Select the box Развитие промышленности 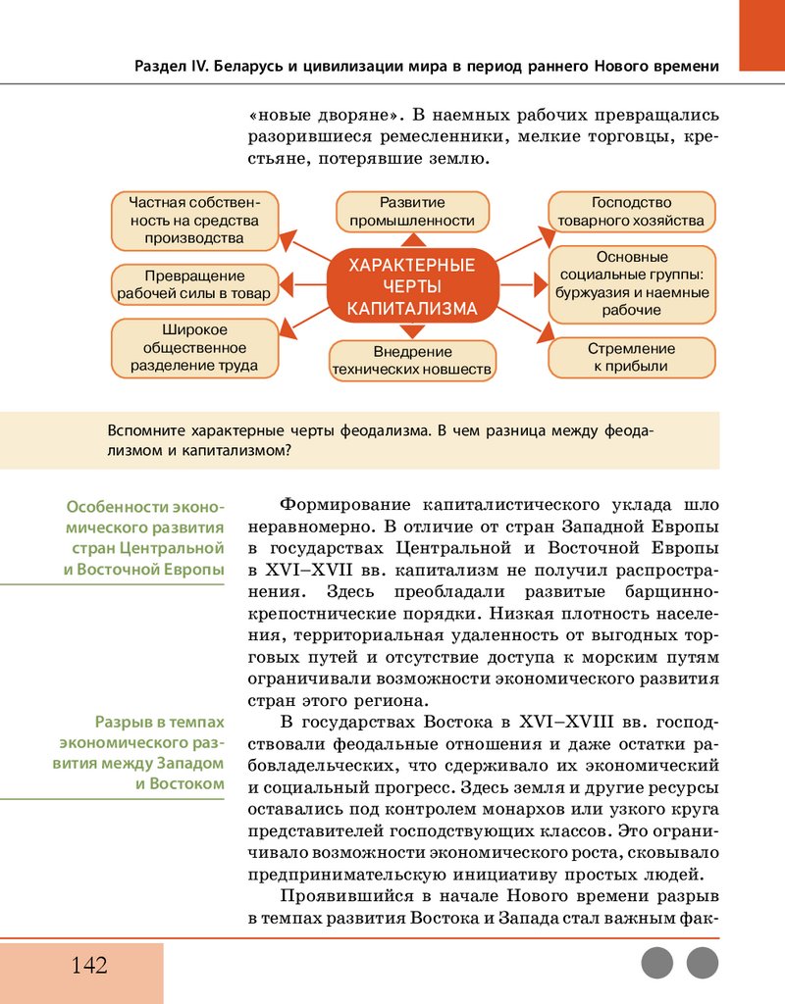click(412, 211)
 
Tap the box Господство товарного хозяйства click(631, 211)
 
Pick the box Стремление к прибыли click(631, 357)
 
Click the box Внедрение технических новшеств click(412, 360)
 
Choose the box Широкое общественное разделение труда click(194, 347)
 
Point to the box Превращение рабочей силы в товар click(194, 283)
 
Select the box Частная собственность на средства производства click(194, 220)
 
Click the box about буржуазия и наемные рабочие click(631, 283)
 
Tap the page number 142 click(88, 965)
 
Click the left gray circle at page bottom click(657, 963)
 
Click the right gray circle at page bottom click(703, 963)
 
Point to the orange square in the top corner click(761, 35)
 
